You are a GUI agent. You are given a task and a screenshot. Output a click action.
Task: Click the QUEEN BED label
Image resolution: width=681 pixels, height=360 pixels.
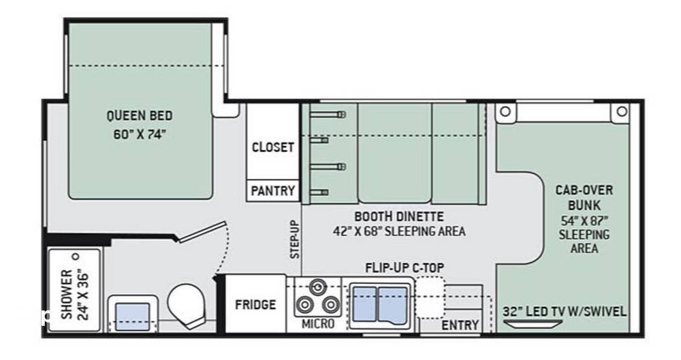pyautogui.click(x=139, y=116)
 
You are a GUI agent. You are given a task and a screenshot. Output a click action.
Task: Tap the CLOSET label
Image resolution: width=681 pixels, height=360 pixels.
pyautogui.click(x=273, y=147)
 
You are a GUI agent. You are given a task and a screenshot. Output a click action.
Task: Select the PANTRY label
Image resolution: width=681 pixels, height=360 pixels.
pyautogui.click(x=273, y=191)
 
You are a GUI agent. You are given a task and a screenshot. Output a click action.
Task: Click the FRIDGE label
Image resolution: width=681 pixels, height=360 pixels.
pyautogui.click(x=255, y=304)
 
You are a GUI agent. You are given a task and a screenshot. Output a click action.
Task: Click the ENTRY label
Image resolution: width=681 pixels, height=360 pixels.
pyautogui.click(x=460, y=325)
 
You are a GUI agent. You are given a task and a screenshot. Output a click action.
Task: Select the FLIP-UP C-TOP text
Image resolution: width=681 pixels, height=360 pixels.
pyautogui.click(x=405, y=266)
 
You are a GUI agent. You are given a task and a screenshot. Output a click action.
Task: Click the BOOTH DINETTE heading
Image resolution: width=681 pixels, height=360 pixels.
pyautogui.click(x=399, y=217)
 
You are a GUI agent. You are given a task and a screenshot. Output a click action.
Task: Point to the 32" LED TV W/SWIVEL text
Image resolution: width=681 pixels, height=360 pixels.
pyautogui.click(x=565, y=311)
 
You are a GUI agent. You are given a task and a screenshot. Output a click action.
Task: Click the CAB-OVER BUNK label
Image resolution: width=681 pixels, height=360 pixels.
pyautogui.click(x=584, y=197)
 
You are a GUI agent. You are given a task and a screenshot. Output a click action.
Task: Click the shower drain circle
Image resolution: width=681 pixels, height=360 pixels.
pyautogui.click(x=76, y=258)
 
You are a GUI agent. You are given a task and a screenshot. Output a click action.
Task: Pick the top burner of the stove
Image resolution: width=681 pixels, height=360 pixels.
pyautogui.click(x=316, y=286)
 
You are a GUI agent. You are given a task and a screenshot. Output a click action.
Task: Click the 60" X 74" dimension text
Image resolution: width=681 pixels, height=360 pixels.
pyautogui.click(x=139, y=134)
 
